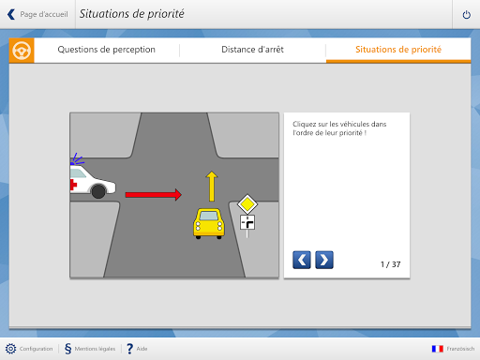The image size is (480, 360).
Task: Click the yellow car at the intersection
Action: (209, 224)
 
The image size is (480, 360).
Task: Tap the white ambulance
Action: (93, 182)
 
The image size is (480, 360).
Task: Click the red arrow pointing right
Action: (153, 195)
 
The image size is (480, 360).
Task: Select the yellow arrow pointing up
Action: (212, 187)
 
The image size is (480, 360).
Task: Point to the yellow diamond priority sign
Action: (247, 204)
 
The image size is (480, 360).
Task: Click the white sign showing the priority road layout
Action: (247, 222)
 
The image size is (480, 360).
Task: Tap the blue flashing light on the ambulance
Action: (76, 159)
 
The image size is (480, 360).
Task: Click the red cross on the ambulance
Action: (73, 185)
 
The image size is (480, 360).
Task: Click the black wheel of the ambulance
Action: (98, 191)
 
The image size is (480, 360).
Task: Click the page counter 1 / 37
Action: (390, 264)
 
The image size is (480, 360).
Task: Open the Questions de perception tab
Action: (107, 50)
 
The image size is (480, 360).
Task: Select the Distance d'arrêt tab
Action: (252, 50)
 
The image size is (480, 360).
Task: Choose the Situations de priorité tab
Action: (398, 50)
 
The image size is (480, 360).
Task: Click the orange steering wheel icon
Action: (22, 51)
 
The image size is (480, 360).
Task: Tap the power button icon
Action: (467, 14)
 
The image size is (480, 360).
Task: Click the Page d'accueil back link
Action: (37, 14)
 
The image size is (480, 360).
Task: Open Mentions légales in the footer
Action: (90, 349)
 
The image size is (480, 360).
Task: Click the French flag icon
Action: (438, 349)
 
